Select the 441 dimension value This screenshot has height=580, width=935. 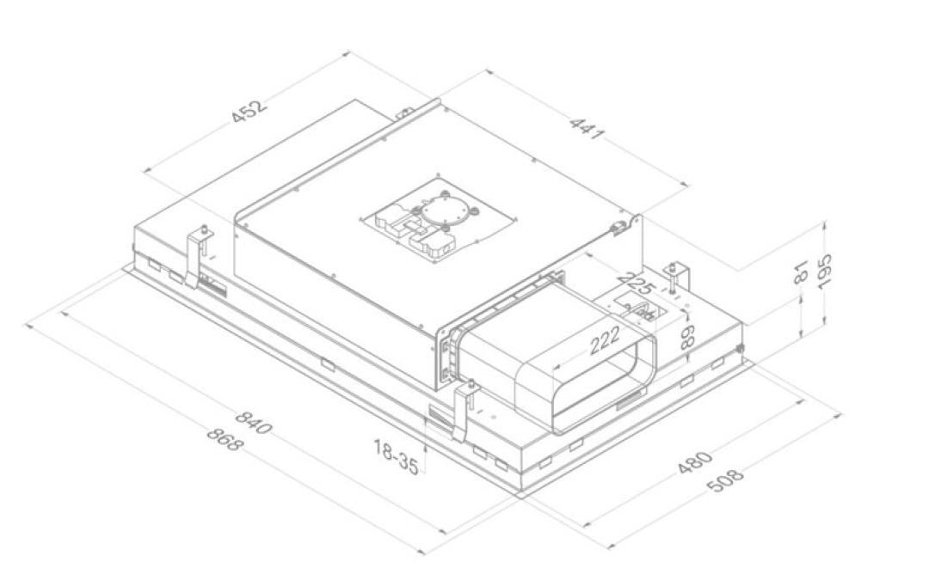pos(587,130)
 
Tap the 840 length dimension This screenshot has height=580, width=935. pos(254,422)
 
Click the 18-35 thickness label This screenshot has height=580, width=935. pos(396,457)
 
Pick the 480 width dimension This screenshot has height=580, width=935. pos(695,463)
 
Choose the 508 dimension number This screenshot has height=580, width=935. pos(726,480)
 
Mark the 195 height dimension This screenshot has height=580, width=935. pos(825,272)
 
